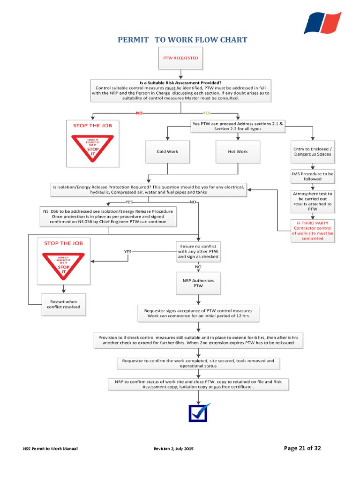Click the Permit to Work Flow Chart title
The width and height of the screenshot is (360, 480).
(182, 40)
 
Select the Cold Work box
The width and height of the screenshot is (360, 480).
(167, 151)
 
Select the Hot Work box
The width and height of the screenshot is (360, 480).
(238, 151)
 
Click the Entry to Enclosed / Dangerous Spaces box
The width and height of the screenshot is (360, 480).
(312, 151)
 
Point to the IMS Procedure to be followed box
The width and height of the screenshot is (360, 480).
(313, 176)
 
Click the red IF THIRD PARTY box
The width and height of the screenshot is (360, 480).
(313, 230)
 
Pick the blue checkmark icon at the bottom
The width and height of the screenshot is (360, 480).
(199, 412)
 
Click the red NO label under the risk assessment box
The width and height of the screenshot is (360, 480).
(139, 113)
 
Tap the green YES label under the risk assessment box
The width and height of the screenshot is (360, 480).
(206, 113)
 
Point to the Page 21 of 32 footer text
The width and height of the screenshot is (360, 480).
(302, 448)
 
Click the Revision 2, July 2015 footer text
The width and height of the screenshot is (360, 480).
(173, 449)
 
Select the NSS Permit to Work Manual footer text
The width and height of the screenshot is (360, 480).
(50, 449)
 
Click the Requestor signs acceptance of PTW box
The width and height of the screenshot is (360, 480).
(198, 314)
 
